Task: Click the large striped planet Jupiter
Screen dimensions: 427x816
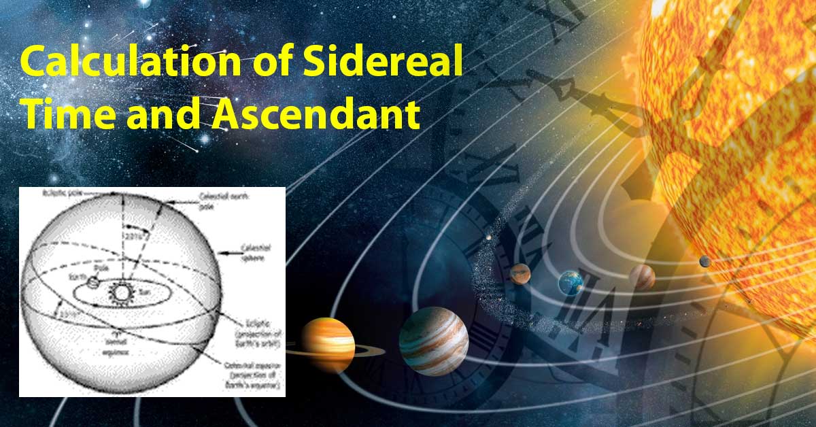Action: point(433,341)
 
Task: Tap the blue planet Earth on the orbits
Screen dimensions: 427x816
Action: point(571,282)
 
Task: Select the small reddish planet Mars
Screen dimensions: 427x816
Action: point(520,273)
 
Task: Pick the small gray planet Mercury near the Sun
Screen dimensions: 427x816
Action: point(705,261)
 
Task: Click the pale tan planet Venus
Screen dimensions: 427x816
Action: point(642,277)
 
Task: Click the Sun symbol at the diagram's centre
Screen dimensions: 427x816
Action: point(122,293)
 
